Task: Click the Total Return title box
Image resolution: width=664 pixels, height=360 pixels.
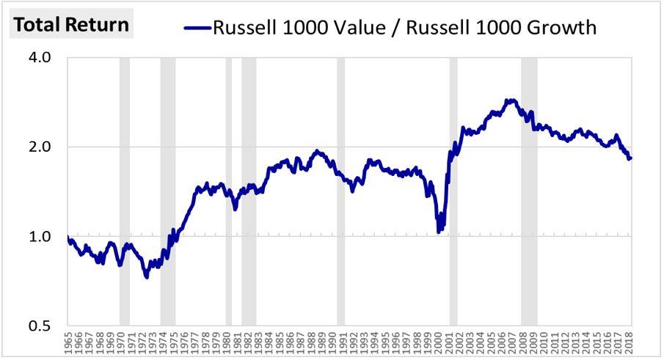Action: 71,24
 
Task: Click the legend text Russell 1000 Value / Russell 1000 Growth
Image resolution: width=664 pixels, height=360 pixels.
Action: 404,28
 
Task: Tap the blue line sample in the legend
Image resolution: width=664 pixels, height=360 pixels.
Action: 197,28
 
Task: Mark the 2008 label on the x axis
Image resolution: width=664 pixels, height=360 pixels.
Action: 525,342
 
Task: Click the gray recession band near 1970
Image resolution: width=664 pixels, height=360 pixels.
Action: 125,191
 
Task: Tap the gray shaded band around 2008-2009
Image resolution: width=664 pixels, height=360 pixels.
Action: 529,191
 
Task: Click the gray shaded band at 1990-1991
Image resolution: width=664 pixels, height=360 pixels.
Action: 340,191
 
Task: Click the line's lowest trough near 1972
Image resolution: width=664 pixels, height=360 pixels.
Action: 147,277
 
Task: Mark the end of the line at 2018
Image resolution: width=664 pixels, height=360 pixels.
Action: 630,158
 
